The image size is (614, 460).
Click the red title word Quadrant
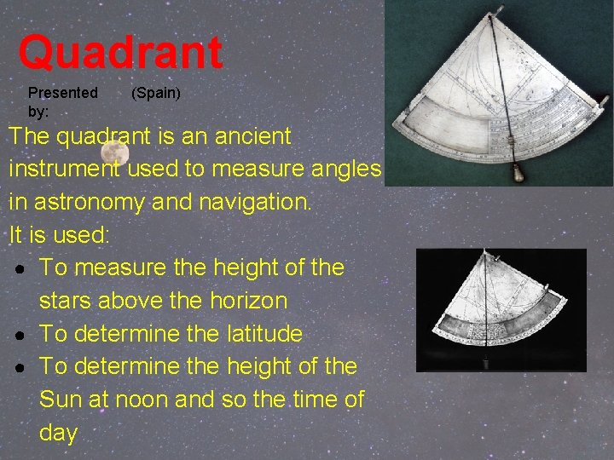click(x=120, y=53)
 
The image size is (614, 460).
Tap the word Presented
click(x=63, y=92)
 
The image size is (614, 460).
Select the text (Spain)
click(x=155, y=92)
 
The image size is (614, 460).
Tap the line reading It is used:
click(x=60, y=234)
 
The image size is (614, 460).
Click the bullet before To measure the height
click(x=20, y=268)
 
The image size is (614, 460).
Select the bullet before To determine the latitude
click(x=20, y=335)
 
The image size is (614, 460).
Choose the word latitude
click(x=258, y=334)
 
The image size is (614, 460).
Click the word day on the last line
click(x=58, y=433)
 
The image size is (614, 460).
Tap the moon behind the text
click(x=114, y=153)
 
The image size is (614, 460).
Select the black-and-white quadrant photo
click(x=501, y=310)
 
